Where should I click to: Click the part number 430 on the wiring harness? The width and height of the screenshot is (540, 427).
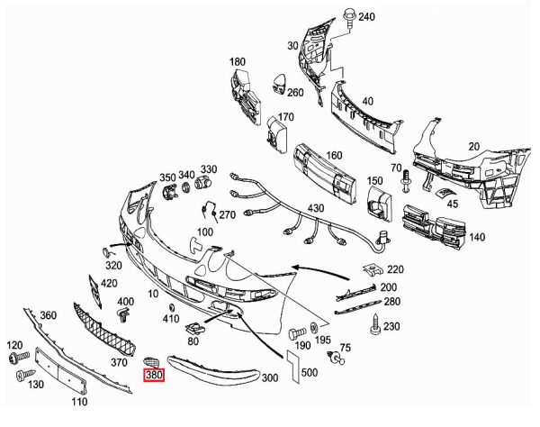(x=315, y=209)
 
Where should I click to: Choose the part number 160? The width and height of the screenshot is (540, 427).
(x=334, y=155)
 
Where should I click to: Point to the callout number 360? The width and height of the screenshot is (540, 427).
(x=48, y=314)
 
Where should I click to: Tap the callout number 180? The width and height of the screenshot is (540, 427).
(x=237, y=61)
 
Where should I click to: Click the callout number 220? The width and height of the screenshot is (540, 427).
(x=396, y=268)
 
